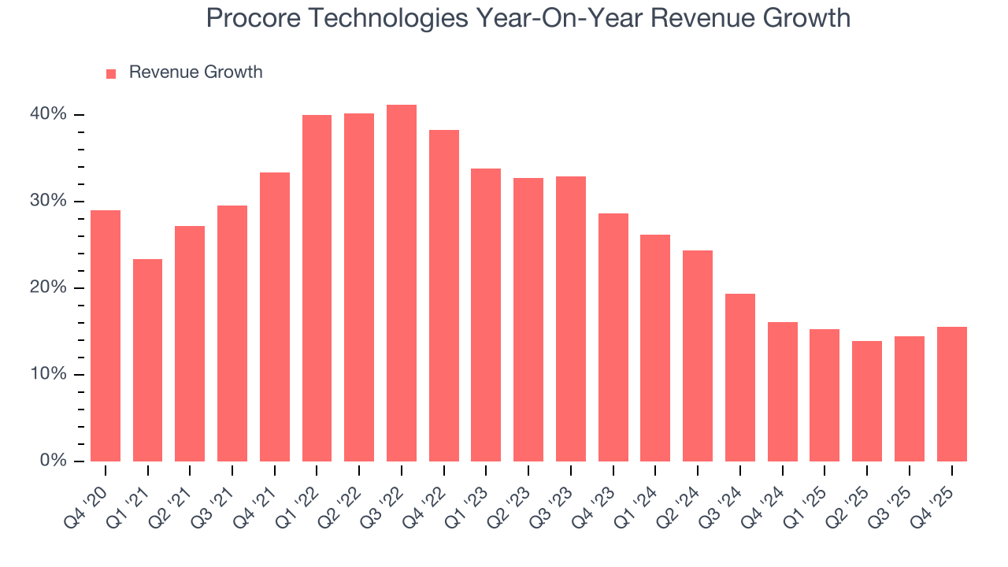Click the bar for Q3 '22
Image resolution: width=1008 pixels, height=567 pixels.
point(401,283)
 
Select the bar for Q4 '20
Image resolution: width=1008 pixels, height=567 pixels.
point(106,335)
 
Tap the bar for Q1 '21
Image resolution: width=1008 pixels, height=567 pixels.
point(147,360)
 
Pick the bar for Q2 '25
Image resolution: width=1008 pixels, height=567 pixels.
point(867,401)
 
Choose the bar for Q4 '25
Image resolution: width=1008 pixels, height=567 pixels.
point(951,394)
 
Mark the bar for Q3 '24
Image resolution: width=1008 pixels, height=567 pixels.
point(740,377)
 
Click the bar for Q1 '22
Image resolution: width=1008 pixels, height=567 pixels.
point(317,288)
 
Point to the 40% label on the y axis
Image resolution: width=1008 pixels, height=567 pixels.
point(48,114)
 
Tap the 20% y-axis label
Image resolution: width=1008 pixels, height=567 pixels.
point(48,287)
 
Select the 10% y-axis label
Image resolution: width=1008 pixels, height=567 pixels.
point(48,374)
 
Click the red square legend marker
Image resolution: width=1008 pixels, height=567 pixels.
point(111,73)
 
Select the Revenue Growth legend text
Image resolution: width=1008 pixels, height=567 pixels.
point(195,72)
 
